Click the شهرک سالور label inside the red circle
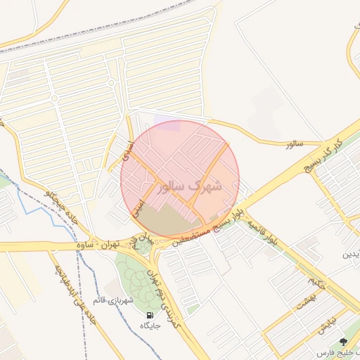[x=191, y=186]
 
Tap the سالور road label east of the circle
[x=293, y=144]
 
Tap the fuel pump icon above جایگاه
[x=150, y=314]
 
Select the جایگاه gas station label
[x=150, y=326]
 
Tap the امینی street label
[x=139, y=205]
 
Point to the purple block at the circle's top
[x=167, y=126]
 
